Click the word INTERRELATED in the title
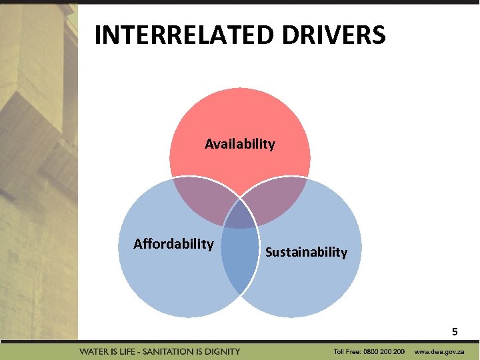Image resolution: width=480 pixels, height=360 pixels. tap(183, 35)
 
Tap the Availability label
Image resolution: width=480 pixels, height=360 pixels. tap(240, 144)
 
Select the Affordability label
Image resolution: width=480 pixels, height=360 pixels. tap(173, 243)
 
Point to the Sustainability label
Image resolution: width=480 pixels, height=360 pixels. tap(306, 252)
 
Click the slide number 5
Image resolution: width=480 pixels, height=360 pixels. tap(455, 331)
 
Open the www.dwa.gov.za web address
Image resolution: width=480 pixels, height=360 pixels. tap(439, 351)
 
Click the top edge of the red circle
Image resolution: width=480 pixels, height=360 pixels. tap(240, 89)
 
